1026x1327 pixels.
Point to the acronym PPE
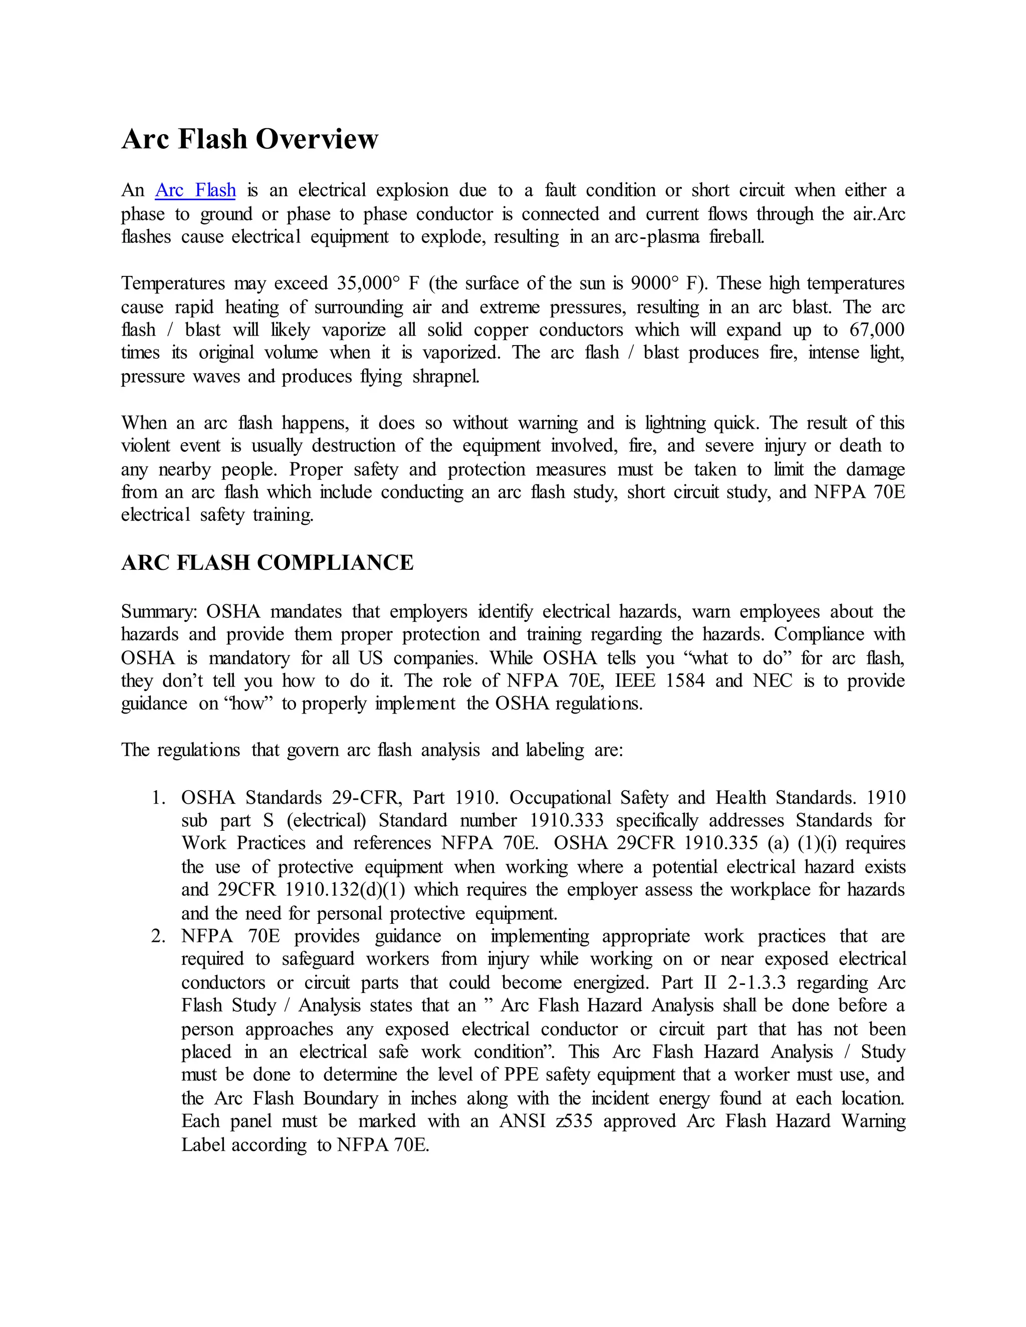click(x=521, y=1075)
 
